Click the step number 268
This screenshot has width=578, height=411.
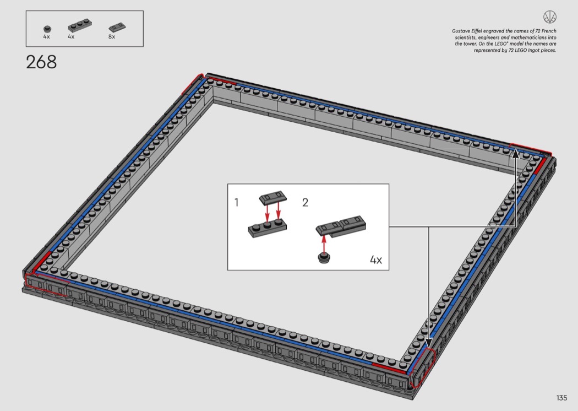41,62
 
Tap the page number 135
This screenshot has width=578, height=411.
561,398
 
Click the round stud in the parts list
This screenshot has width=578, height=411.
47,29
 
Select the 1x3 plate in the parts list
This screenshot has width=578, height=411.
80,26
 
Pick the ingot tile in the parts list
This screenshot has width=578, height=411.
118,27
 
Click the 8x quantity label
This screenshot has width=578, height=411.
112,36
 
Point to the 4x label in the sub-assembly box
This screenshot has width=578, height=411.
376,259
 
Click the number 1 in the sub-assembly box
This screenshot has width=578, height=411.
236,202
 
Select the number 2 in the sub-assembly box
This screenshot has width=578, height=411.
305,202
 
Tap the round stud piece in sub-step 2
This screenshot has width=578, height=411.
324,258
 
